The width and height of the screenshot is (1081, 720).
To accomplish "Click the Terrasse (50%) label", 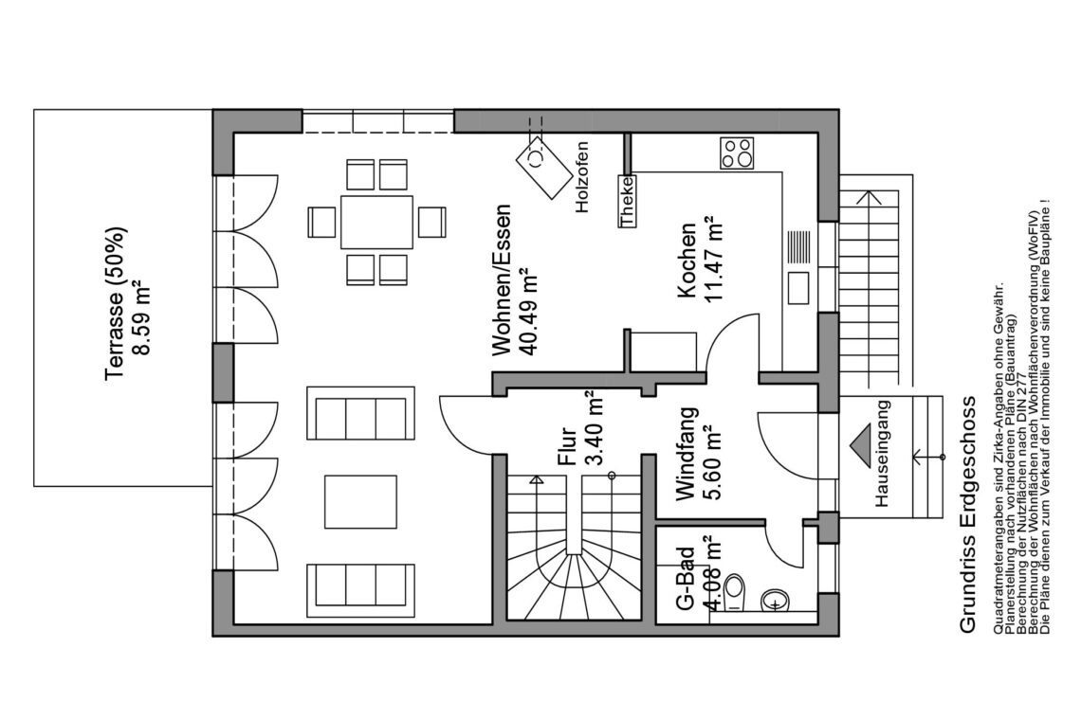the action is click(115, 302).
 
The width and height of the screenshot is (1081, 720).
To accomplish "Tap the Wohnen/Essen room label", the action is click(502, 279).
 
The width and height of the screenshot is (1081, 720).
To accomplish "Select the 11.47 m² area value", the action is click(711, 259).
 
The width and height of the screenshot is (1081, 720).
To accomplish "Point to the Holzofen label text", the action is click(582, 177).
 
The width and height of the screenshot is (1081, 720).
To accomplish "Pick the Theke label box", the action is click(627, 201).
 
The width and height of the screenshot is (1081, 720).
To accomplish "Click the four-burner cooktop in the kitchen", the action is click(737, 153).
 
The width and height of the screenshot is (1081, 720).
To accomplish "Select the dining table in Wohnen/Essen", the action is click(376, 222).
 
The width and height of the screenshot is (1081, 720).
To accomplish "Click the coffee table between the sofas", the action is click(360, 501).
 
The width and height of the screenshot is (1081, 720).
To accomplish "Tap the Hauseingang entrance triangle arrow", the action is click(861, 446).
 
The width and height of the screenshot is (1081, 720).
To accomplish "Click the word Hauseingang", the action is click(883, 454).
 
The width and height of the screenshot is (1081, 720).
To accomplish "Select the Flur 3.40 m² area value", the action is click(594, 428).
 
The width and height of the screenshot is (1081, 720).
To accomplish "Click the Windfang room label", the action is click(687, 453).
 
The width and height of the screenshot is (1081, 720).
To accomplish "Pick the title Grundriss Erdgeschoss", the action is click(968, 513).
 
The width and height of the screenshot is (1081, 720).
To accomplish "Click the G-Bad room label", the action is click(685, 579).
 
